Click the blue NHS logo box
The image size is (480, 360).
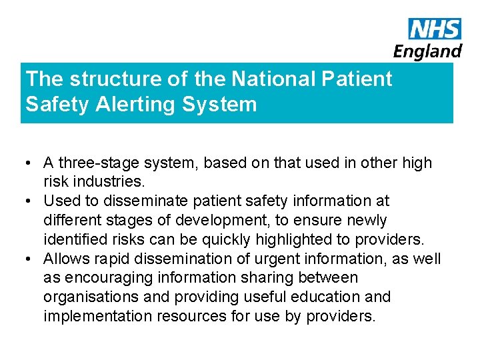pyautogui.click(x=435, y=29)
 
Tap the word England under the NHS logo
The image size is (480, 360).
pyautogui.click(x=427, y=51)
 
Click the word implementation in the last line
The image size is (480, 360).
pyautogui.click(x=98, y=316)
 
